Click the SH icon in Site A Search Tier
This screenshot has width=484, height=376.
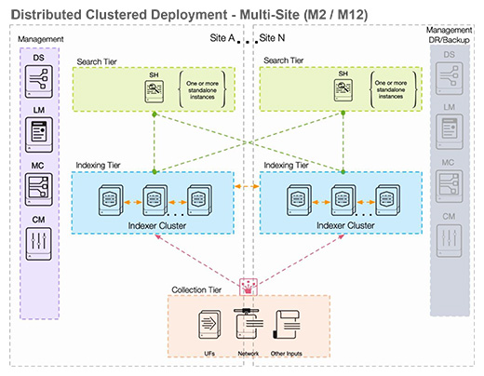click(155, 91)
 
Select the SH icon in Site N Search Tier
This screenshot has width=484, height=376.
click(343, 91)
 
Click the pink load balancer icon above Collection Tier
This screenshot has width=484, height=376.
click(248, 285)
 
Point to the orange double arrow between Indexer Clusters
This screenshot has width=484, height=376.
click(247, 188)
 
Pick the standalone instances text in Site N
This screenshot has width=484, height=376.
click(392, 91)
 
